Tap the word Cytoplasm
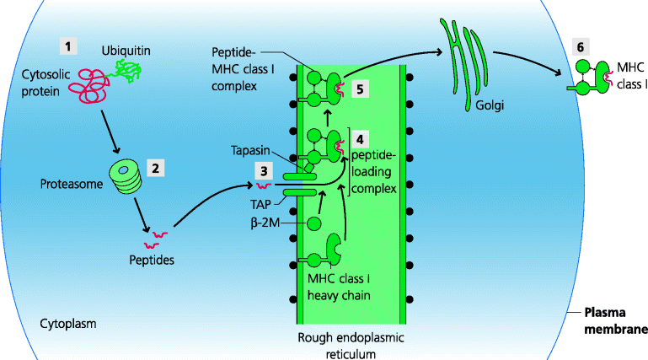[x=68, y=323]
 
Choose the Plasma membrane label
[x=617, y=322]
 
